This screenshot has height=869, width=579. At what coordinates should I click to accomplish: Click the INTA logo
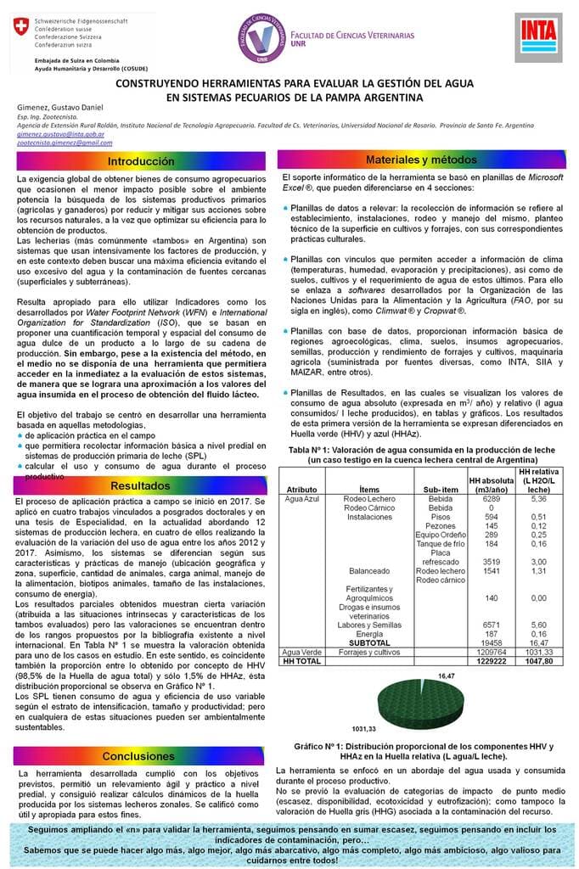click(x=538, y=37)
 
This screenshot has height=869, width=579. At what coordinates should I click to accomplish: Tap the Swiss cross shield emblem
click(x=15, y=30)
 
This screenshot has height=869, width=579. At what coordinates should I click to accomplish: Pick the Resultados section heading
click(x=141, y=485)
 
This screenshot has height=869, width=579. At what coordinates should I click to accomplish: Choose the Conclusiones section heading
click(x=141, y=755)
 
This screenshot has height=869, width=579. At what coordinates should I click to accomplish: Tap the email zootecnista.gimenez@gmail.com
click(x=65, y=143)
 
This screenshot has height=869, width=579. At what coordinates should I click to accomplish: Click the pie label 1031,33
click(x=365, y=729)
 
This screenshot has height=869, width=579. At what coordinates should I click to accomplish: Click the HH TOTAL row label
click(x=302, y=660)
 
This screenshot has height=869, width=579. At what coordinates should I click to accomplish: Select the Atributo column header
click(x=302, y=490)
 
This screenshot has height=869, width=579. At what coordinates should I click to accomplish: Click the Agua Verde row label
click(x=303, y=652)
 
